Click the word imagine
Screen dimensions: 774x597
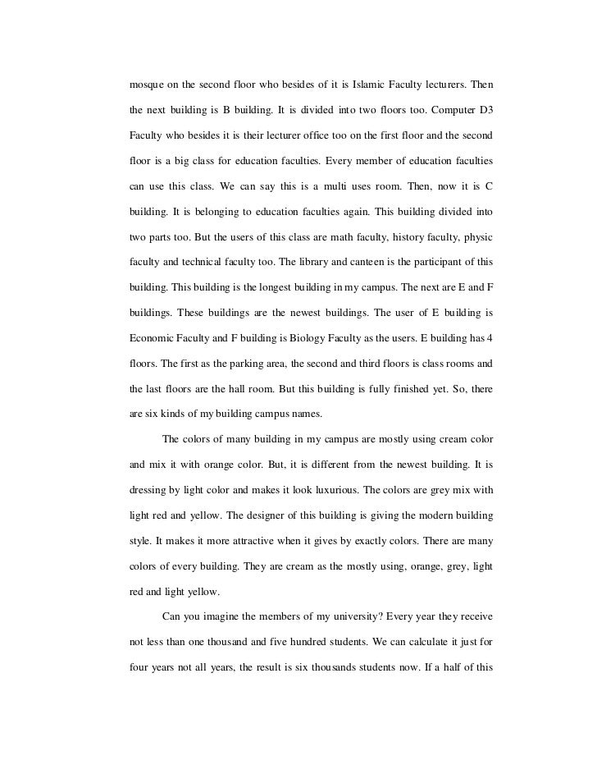[221, 617]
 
